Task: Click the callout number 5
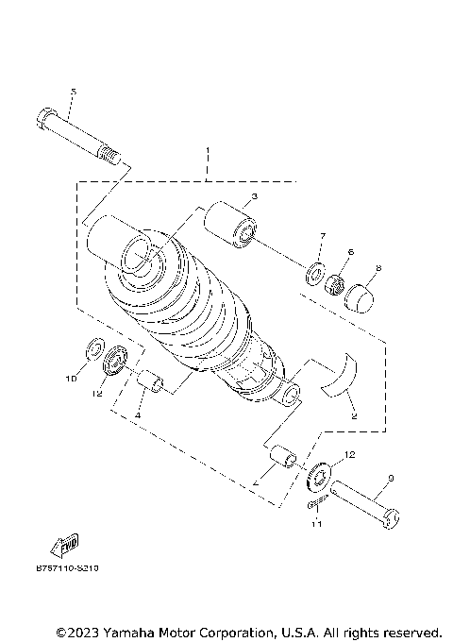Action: (73, 92)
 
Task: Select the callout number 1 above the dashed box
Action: (207, 151)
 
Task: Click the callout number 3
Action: (254, 199)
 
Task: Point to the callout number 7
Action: (322, 235)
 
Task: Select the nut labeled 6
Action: (335, 284)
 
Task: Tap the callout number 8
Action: (378, 269)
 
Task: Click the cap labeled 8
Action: (360, 297)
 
